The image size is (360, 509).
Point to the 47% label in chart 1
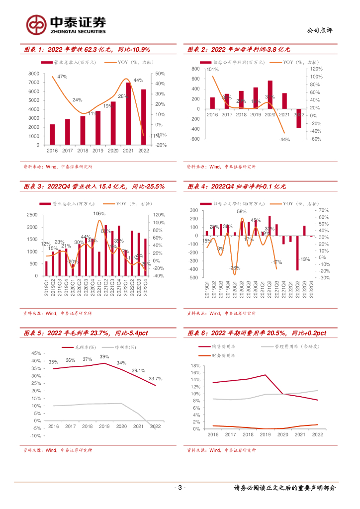(x=62, y=77)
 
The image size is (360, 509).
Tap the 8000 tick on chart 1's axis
(x=34, y=74)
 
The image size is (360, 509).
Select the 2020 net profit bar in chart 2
(x=270, y=94)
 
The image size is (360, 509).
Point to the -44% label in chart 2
(x=284, y=140)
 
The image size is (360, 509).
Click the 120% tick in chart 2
(x=316, y=70)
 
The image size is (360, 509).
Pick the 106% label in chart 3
(x=99, y=213)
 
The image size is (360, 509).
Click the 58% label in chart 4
(x=242, y=211)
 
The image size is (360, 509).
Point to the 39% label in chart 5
(x=104, y=356)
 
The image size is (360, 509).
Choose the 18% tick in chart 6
(x=195, y=366)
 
